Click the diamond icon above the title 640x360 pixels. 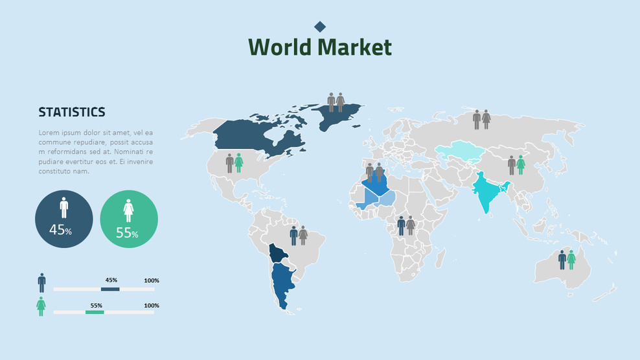click(x=320, y=26)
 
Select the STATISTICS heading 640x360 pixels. click(x=72, y=112)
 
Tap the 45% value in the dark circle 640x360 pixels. click(x=60, y=230)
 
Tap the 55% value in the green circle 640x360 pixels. click(x=127, y=232)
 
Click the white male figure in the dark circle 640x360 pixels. click(x=63, y=207)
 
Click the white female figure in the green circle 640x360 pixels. click(x=129, y=208)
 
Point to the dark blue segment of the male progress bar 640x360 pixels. click(x=110, y=289)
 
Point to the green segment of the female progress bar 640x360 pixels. click(x=95, y=312)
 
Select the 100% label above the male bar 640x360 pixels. click(x=152, y=280)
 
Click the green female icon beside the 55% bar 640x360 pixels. click(x=41, y=306)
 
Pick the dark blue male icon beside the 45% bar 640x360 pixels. click(x=41, y=282)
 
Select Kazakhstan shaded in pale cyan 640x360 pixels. click(x=461, y=152)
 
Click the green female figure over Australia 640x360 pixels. click(x=571, y=260)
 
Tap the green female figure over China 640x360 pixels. click(x=521, y=164)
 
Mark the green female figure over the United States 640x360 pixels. click(x=238, y=163)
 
